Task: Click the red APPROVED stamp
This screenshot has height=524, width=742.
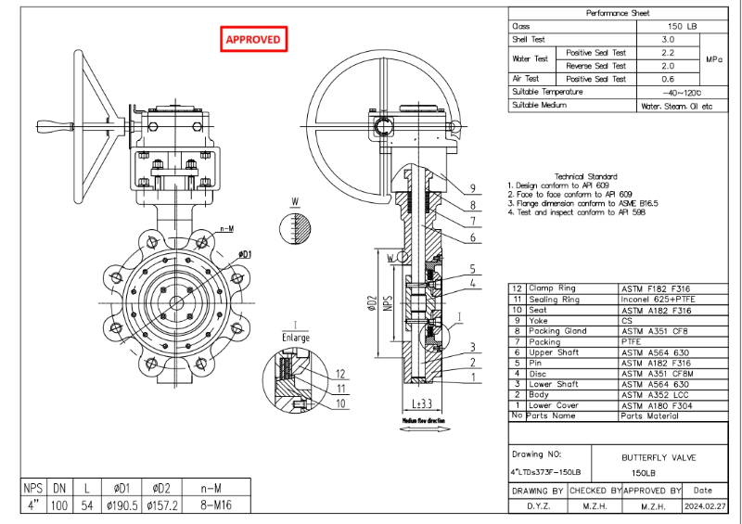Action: click(x=254, y=39)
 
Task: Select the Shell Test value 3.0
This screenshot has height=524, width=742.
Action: click(x=667, y=40)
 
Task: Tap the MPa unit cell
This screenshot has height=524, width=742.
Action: click(x=713, y=59)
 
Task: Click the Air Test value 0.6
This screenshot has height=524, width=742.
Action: click(x=667, y=80)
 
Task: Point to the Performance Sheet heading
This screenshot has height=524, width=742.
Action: click(x=619, y=13)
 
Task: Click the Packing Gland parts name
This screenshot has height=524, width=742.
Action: click(x=557, y=331)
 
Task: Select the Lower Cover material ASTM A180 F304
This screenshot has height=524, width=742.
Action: click(x=658, y=405)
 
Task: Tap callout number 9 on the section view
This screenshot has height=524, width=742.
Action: click(x=472, y=187)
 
